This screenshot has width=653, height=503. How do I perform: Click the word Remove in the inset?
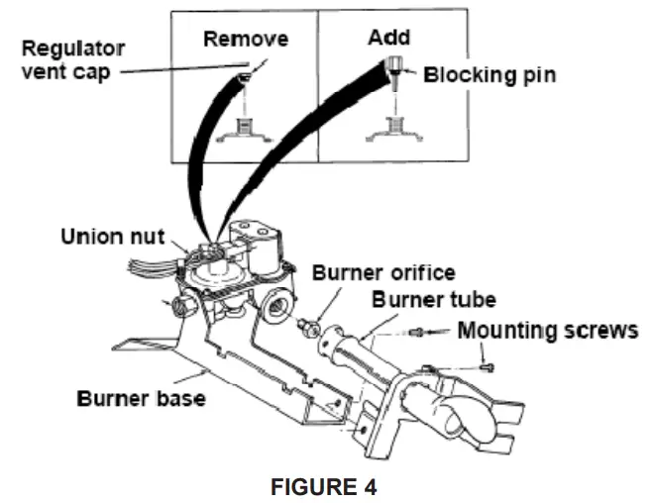coord(245,40)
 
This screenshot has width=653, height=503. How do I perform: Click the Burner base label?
coord(142,399)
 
